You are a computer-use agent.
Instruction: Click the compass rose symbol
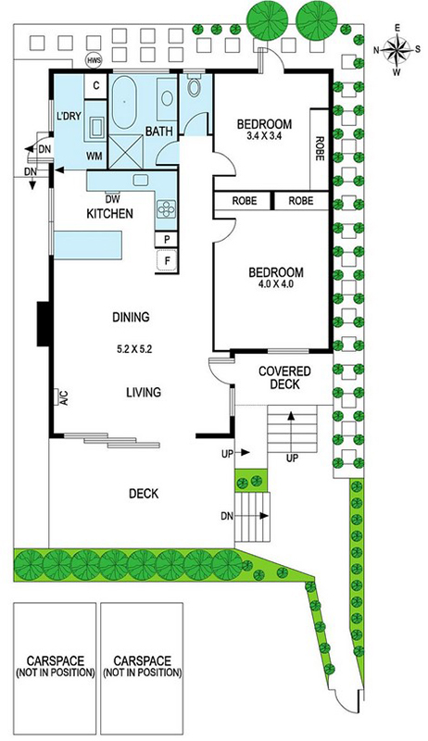397,50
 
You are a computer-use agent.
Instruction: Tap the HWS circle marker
92,60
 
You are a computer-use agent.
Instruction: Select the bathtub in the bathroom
125,103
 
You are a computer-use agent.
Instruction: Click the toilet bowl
195,86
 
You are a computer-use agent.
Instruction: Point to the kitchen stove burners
166,209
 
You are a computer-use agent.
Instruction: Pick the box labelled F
168,260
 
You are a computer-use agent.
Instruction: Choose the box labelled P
167,240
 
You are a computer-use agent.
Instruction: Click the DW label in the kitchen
112,199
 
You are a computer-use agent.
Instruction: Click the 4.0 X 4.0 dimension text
276,284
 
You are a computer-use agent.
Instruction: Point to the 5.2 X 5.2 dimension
133,350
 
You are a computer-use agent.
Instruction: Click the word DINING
131,317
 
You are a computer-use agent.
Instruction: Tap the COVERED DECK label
284,378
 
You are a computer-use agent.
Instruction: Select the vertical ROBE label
320,149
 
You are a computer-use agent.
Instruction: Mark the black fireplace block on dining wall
44,324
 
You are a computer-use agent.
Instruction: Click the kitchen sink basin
141,180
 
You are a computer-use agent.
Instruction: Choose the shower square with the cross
126,151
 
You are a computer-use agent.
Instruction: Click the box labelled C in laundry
96,85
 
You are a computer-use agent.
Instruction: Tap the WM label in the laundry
94,157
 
